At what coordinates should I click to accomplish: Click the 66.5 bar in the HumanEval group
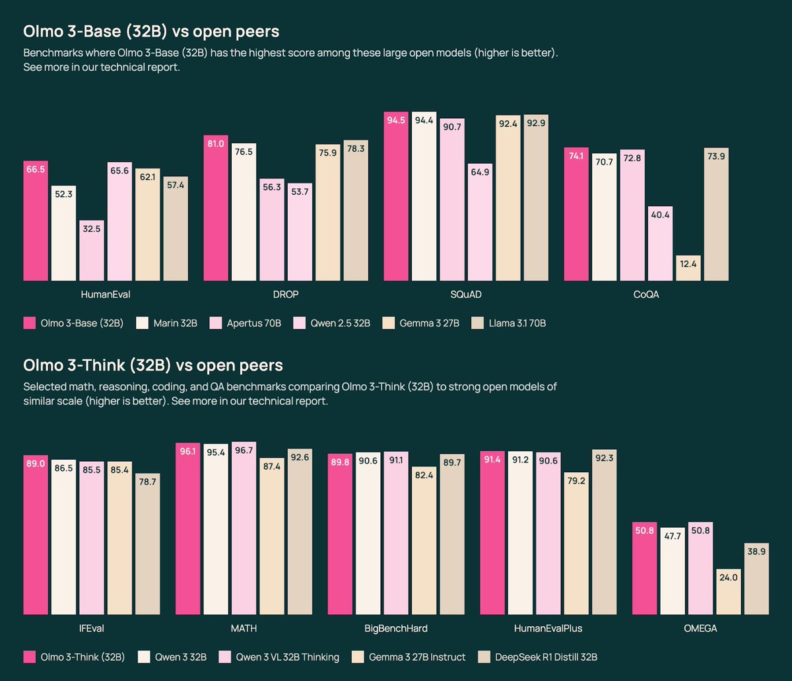coord(36,221)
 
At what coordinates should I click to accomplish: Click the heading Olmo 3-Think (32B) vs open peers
coord(152,365)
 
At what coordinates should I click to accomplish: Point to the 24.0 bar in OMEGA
coord(728,592)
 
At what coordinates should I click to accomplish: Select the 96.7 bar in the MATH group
coord(244,528)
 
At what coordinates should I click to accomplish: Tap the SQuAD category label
coord(466,295)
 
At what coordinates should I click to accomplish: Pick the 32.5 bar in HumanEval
coord(92,251)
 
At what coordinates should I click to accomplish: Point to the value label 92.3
coord(605,461)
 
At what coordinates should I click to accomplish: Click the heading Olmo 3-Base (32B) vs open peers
coord(152,32)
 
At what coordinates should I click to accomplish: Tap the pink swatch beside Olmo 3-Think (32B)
coord(29,657)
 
